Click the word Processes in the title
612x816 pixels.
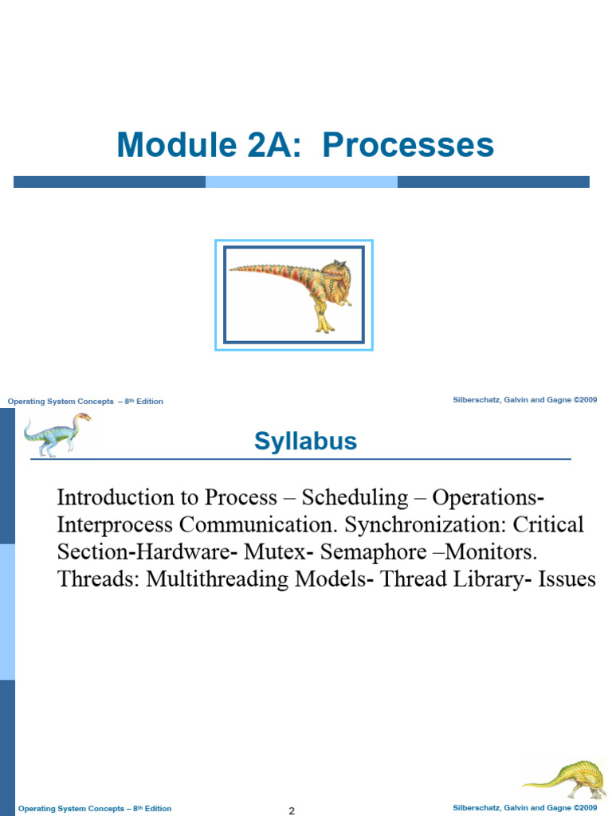[408, 144]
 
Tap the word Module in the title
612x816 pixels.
[177, 144]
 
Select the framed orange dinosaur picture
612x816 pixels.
[294, 295]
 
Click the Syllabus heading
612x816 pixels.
[305, 441]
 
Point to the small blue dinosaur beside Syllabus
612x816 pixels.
[57, 434]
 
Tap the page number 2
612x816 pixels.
[292, 810]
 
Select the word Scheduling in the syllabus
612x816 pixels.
[355, 498]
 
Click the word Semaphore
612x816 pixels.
[373, 551]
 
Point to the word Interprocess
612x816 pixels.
[115, 524]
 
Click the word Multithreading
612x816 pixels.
[217, 579]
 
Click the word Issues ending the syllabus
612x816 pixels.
[567, 579]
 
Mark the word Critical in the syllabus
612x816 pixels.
[548, 524]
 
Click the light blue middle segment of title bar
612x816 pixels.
[301, 182]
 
